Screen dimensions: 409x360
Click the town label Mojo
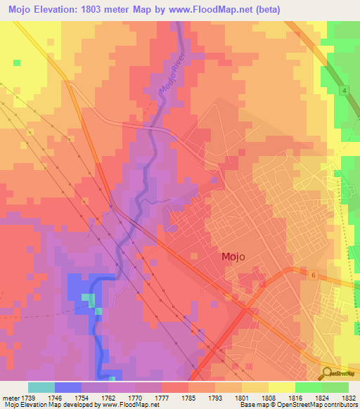(233, 257)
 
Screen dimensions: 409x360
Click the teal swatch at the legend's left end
(41, 387)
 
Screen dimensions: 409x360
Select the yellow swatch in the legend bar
(281, 387)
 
